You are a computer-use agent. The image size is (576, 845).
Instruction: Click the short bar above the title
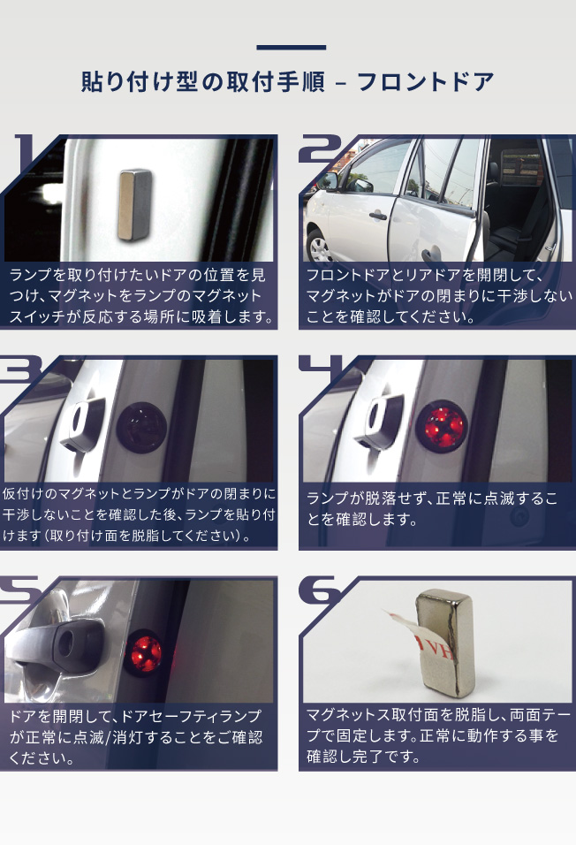291,48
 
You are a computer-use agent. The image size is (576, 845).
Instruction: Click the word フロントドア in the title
425,82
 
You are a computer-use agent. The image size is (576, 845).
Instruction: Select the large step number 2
320,148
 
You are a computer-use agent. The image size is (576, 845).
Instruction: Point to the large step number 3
21,369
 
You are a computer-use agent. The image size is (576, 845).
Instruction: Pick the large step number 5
21,589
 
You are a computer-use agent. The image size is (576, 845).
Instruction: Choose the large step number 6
321,590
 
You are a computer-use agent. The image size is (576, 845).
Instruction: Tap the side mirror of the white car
327,181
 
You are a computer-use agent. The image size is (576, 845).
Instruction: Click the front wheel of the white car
319,247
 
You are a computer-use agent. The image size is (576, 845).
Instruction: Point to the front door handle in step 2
377,216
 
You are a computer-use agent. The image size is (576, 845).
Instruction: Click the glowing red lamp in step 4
443,427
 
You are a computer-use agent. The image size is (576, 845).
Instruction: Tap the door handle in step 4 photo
384,421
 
